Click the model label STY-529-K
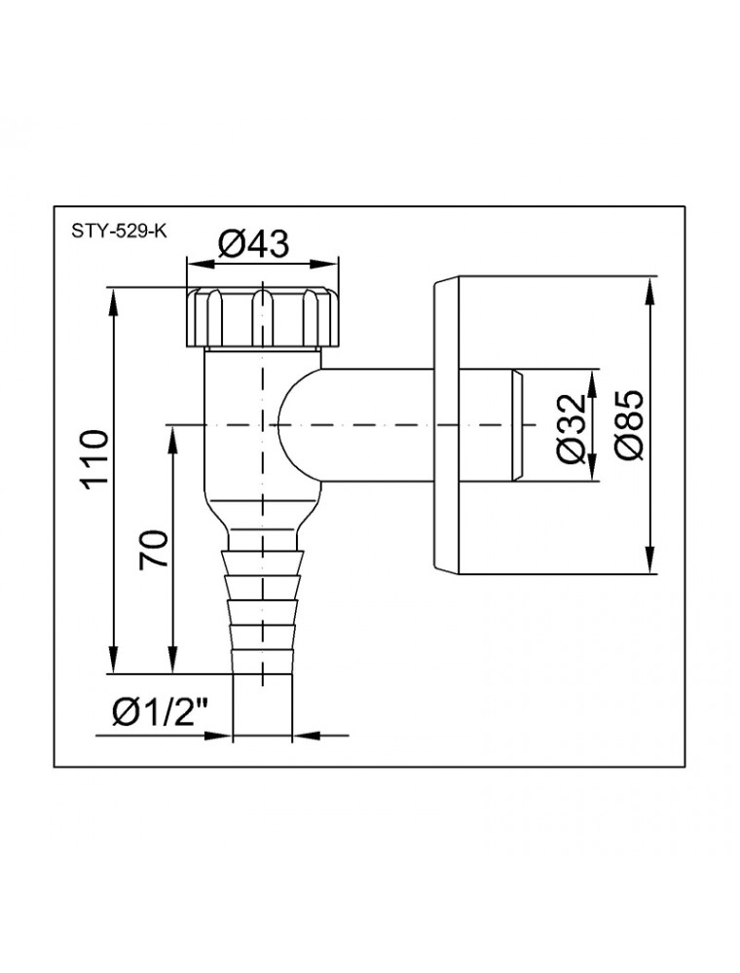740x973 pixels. [x=119, y=232]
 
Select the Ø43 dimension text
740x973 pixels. [x=253, y=244]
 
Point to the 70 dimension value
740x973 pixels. [x=153, y=549]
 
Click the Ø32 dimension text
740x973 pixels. [x=572, y=427]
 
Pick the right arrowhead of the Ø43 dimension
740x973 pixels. [x=328, y=265]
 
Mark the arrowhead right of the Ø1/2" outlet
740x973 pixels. [x=304, y=736]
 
